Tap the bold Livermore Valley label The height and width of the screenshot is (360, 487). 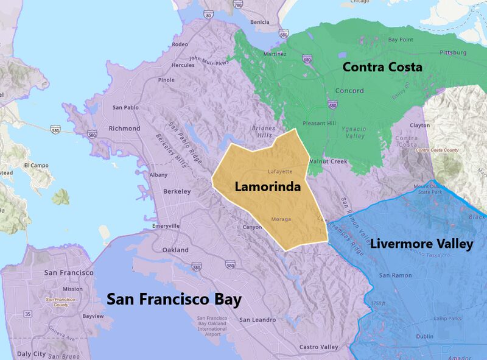tap(422, 244)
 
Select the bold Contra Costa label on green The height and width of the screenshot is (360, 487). tap(382, 67)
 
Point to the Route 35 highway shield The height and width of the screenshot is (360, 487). tap(27, 314)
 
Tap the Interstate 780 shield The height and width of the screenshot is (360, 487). tap(237, 5)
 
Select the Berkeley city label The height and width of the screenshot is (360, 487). tap(177, 191)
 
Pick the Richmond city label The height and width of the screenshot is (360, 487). tap(124, 129)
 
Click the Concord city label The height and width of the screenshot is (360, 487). tap(349, 91)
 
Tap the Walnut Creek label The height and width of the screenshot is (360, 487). tap(328, 161)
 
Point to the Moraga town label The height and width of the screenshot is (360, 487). tap(281, 219)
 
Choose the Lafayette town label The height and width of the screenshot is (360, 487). tap(280, 172)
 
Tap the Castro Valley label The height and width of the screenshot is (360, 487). tap(318, 347)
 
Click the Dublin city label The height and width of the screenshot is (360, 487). tap(425, 337)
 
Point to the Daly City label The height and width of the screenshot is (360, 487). tap(31, 354)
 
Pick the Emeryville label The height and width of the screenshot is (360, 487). tap(166, 226)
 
